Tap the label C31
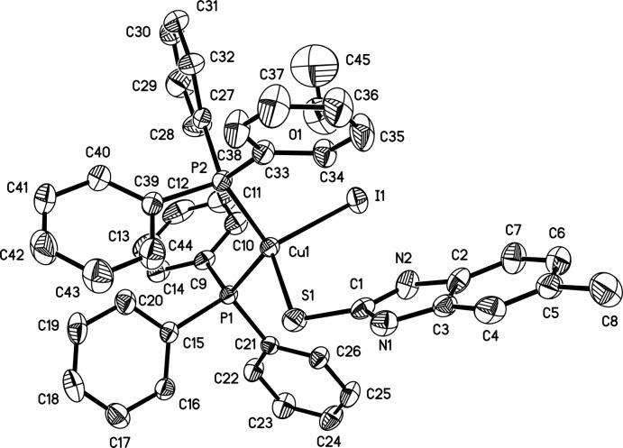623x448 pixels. point(209,13)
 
